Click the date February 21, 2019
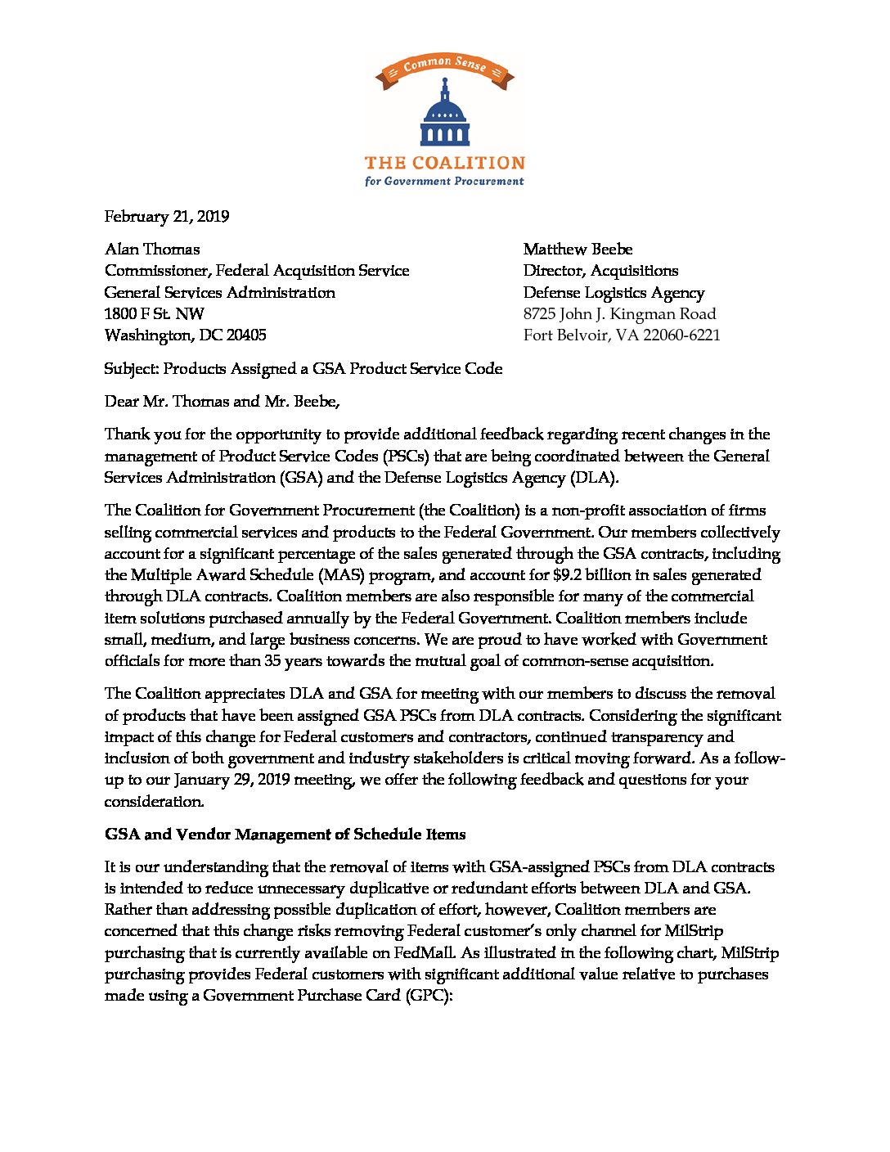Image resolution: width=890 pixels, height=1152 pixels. (167, 217)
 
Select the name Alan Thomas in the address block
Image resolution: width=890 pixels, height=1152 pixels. (152, 250)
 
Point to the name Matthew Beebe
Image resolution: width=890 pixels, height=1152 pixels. (578, 250)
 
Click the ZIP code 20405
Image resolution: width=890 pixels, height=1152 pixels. (245, 335)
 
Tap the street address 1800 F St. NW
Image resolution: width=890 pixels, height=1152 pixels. (155, 314)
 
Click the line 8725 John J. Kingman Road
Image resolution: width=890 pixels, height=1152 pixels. (619, 314)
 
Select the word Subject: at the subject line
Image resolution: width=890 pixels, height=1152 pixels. (131, 369)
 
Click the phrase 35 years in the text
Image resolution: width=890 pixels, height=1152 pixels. (293, 661)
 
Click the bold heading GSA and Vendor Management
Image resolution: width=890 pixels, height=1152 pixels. (285, 835)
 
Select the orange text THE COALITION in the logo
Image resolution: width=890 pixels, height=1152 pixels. (444, 163)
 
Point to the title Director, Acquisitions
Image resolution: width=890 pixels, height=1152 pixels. (600, 271)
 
